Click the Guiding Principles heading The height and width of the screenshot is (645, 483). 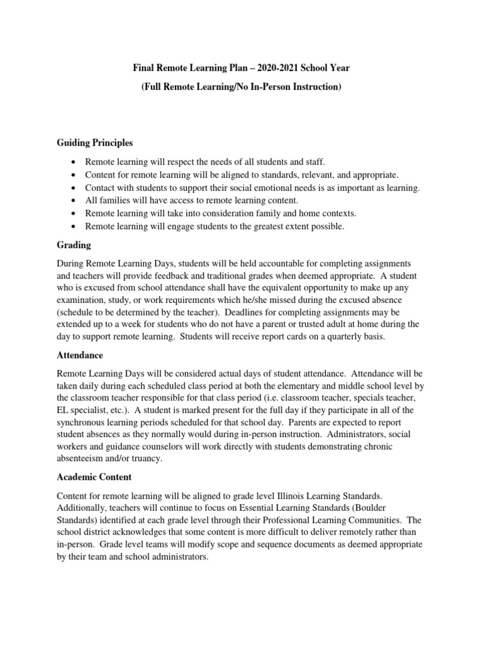pyautogui.click(x=94, y=143)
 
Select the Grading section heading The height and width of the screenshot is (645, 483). pyautogui.click(x=74, y=244)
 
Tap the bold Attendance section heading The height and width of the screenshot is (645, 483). pyautogui.click(x=80, y=355)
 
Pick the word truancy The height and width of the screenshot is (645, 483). pyautogui.click(x=144, y=459)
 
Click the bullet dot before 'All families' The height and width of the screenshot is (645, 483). pyautogui.click(x=75, y=200)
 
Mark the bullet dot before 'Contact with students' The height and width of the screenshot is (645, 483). pyautogui.click(x=75, y=188)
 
